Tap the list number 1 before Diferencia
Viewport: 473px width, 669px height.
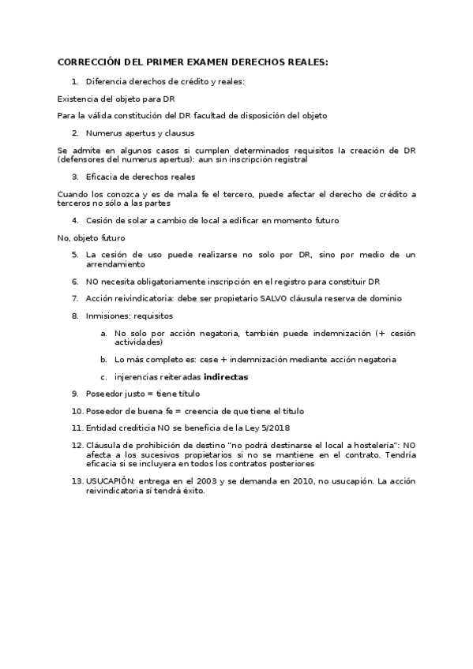click(x=74, y=81)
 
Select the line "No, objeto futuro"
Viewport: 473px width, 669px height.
click(x=91, y=237)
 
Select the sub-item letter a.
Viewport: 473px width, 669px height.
click(x=103, y=333)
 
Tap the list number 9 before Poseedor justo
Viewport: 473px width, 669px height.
click(x=75, y=393)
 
